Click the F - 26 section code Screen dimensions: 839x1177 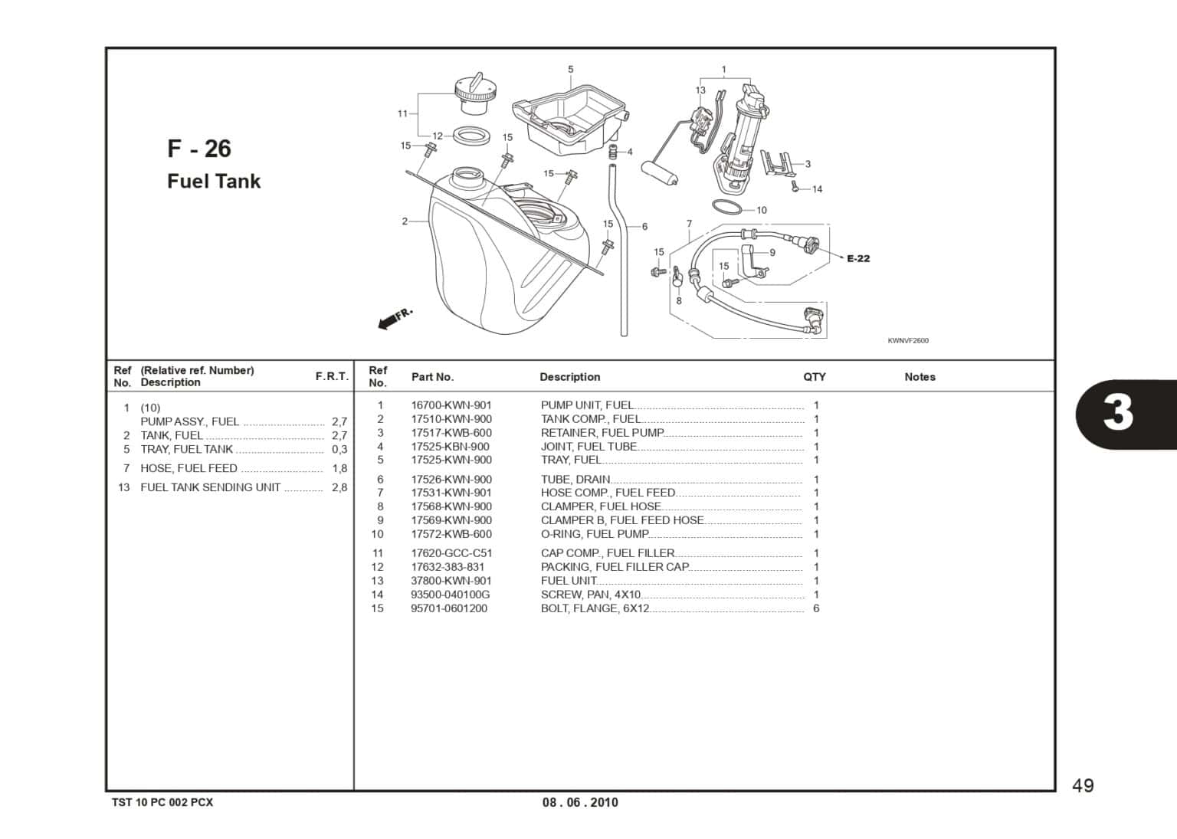198,149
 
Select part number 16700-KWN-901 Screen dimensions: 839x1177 451,405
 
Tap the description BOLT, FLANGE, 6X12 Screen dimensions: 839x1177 595,608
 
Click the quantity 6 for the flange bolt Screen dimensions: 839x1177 816,608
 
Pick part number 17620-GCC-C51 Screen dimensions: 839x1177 451,553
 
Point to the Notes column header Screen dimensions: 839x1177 920,377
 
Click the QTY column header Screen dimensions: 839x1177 814,377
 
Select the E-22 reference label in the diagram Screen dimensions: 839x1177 858,259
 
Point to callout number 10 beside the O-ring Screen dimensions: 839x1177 761,210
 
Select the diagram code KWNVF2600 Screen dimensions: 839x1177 908,341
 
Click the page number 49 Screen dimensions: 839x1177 1083,785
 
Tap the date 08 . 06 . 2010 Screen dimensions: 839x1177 580,802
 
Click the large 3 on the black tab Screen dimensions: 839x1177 1118,413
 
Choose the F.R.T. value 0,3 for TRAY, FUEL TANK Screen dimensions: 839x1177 339,450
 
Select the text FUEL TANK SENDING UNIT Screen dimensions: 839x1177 210,487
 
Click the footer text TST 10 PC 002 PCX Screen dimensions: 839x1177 162,802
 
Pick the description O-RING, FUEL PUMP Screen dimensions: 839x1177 595,534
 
